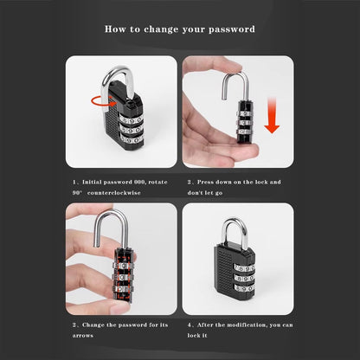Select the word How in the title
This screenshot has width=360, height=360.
(x=114, y=29)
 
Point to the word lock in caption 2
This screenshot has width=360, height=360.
(x=267, y=183)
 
